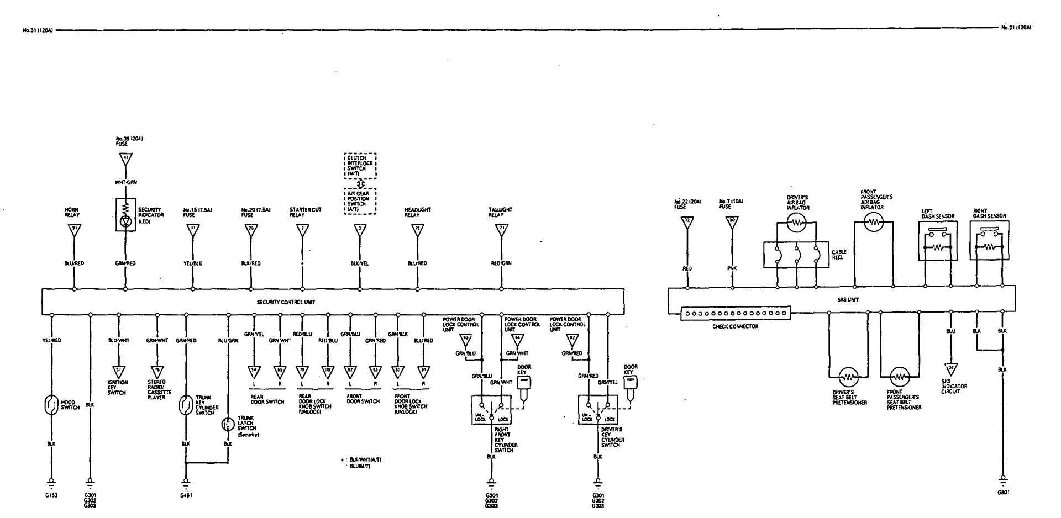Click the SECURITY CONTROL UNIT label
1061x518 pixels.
tap(286, 302)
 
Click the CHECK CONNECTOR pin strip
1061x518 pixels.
tap(735, 313)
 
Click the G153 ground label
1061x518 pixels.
tap(51, 495)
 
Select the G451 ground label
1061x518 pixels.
tap(186, 495)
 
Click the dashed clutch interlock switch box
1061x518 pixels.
tap(359, 166)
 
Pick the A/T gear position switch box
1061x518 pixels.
tap(359, 201)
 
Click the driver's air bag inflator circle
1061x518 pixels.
tap(796, 223)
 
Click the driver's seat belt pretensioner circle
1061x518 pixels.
tap(849, 378)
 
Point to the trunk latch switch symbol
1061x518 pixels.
tap(227, 425)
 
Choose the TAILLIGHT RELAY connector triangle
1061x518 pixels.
tap(501, 230)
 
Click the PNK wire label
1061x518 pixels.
tap(732, 268)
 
